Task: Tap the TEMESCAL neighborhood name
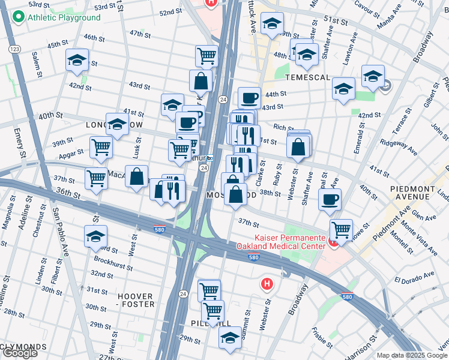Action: (308, 78)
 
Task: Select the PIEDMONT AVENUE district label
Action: (418, 192)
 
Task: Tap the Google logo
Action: (20, 353)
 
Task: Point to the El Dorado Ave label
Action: (414, 277)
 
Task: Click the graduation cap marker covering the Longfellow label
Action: (117, 124)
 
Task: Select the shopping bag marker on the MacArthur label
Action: (137, 176)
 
